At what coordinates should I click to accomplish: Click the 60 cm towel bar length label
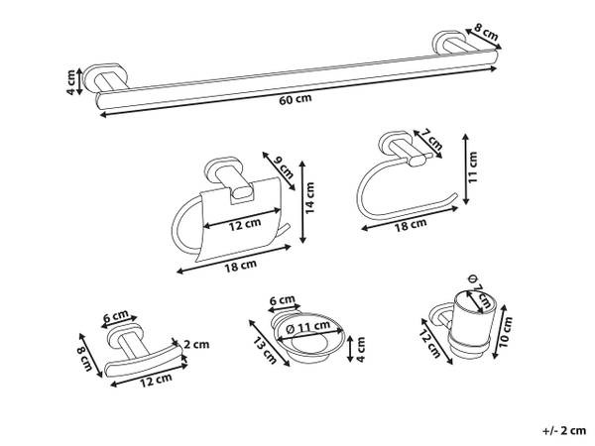click(296, 99)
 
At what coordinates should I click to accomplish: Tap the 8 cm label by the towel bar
click(487, 33)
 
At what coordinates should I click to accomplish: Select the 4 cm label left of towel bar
click(70, 81)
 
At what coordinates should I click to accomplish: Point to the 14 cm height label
click(309, 197)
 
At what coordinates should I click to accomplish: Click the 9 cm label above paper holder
click(284, 167)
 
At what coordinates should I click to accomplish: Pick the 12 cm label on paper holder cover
click(245, 224)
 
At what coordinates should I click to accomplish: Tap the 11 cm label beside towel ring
click(472, 167)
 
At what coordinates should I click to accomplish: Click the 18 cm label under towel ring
click(411, 225)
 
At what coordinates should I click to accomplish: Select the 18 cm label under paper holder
click(241, 266)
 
